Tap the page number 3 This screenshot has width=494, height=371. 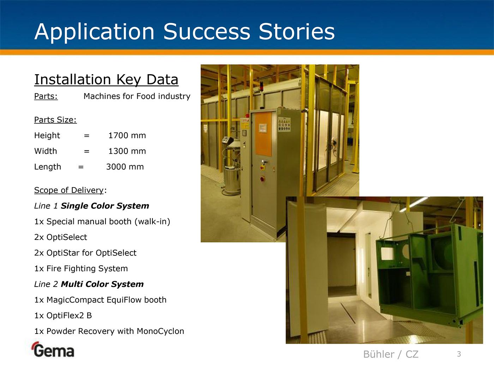(x=459, y=354)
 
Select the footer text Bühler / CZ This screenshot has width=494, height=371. (x=391, y=354)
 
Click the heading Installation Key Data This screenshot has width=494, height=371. (x=106, y=80)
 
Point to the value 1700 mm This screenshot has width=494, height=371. (x=127, y=135)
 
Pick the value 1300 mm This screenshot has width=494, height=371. (x=127, y=151)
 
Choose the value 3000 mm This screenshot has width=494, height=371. (x=125, y=167)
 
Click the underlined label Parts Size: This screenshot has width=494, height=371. (x=55, y=120)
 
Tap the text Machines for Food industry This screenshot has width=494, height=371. (x=137, y=96)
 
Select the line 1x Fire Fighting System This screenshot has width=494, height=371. (x=81, y=269)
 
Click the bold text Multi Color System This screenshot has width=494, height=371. (x=102, y=284)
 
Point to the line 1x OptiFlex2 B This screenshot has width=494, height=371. (x=63, y=316)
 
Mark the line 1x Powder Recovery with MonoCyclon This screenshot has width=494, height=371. (x=109, y=331)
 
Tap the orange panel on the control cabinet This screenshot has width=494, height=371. (x=264, y=134)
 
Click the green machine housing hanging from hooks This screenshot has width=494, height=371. (x=429, y=274)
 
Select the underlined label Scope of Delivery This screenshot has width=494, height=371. (x=69, y=190)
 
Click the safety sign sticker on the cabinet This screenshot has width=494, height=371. (x=284, y=124)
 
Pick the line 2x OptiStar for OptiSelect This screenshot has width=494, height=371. (x=85, y=253)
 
